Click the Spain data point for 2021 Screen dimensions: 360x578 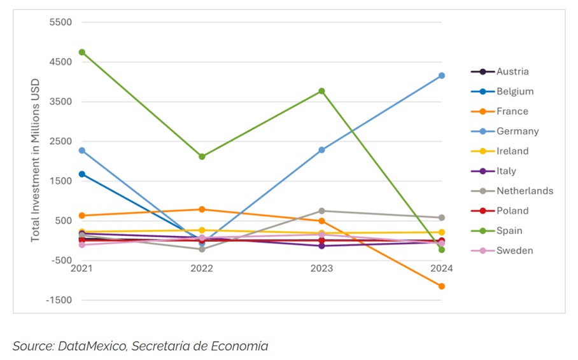82,52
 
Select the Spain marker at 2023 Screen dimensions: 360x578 321,91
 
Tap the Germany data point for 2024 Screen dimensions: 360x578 441,76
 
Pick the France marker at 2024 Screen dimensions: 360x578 441,286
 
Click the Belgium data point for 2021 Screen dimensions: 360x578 82,174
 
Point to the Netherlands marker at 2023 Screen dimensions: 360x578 321,211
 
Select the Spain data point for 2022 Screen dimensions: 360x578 202,156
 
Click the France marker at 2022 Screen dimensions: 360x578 202,209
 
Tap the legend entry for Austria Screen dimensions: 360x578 512,72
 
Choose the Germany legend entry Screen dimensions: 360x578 518,131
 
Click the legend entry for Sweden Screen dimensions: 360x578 514,251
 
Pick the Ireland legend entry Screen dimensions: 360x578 512,151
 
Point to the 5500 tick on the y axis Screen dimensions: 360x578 60,22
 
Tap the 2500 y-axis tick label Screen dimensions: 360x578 60,141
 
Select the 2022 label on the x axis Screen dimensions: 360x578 202,269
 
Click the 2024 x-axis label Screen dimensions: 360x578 441,269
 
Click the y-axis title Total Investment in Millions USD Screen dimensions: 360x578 36,160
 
